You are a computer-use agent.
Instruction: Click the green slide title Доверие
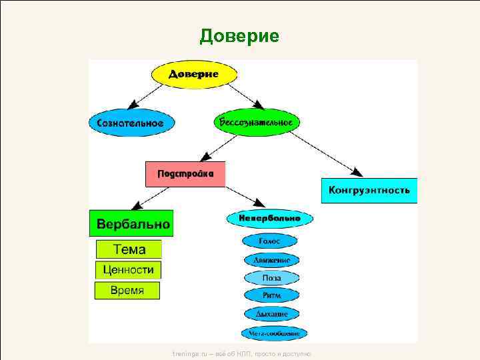click(x=239, y=35)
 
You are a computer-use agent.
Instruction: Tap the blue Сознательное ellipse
click(x=131, y=123)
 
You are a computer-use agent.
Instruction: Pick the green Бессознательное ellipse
click(x=257, y=122)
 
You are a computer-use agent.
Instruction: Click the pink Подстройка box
click(x=185, y=174)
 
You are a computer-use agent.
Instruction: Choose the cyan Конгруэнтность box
click(x=369, y=190)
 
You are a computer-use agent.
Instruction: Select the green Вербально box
click(x=131, y=223)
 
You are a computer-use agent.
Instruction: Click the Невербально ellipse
click(x=269, y=218)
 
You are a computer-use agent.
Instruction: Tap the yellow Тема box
click(x=129, y=249)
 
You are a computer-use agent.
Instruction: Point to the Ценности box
click(x=128, y=270)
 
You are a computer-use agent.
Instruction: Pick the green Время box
click(x=127, y=290)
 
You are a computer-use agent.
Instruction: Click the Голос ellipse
click(x=270, y=241)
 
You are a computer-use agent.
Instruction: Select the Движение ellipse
click(x=271, y=260)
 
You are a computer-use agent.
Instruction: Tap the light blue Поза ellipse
click(x=271, y=277)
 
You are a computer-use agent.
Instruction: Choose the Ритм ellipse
click(x=271, y=295)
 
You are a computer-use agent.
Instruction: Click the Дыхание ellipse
click(x=271, y=313)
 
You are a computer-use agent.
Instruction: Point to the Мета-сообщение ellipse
click(x=274, y=332)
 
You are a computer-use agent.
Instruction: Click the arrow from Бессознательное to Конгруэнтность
click(x=326, y=151)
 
